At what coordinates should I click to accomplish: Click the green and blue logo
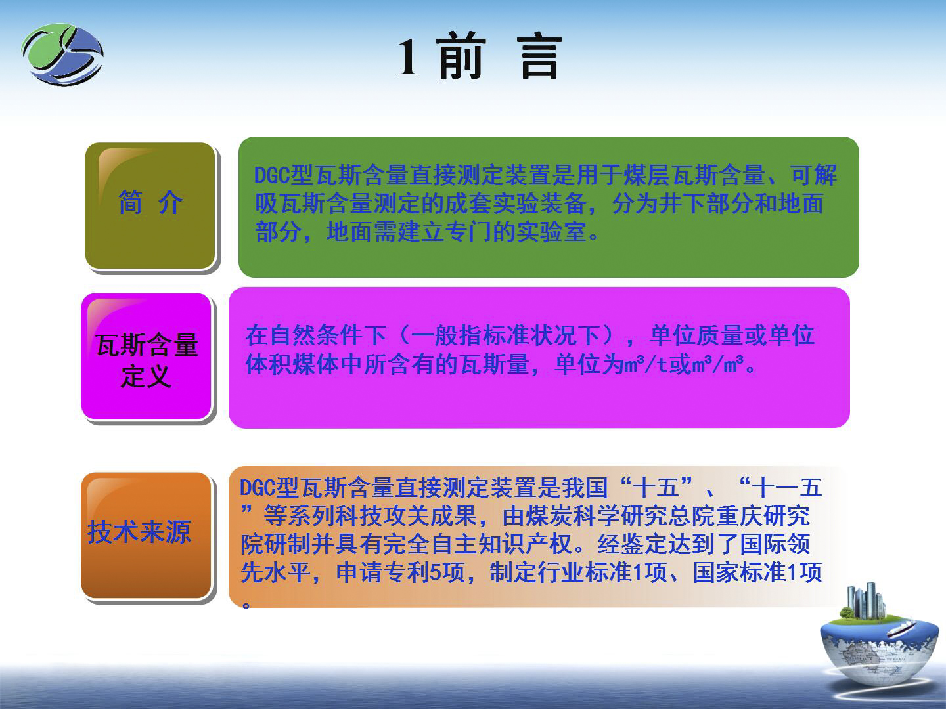pyautogui.click(x=62, y=54)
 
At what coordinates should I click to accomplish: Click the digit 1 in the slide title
pyautogui.click(x=408, y=57)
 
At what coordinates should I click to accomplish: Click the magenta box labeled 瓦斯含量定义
pyautogui.click(x=146, y=356)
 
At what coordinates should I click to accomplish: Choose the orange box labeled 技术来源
pyautogui.click(x=146, y=535)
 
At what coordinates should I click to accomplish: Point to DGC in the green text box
pyautogui.click(x=272, y=175)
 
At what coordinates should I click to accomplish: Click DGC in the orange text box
pyautogui.click(x=258, y=488)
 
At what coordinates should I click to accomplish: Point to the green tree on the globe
pyautogui.click(x=846, y=612)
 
